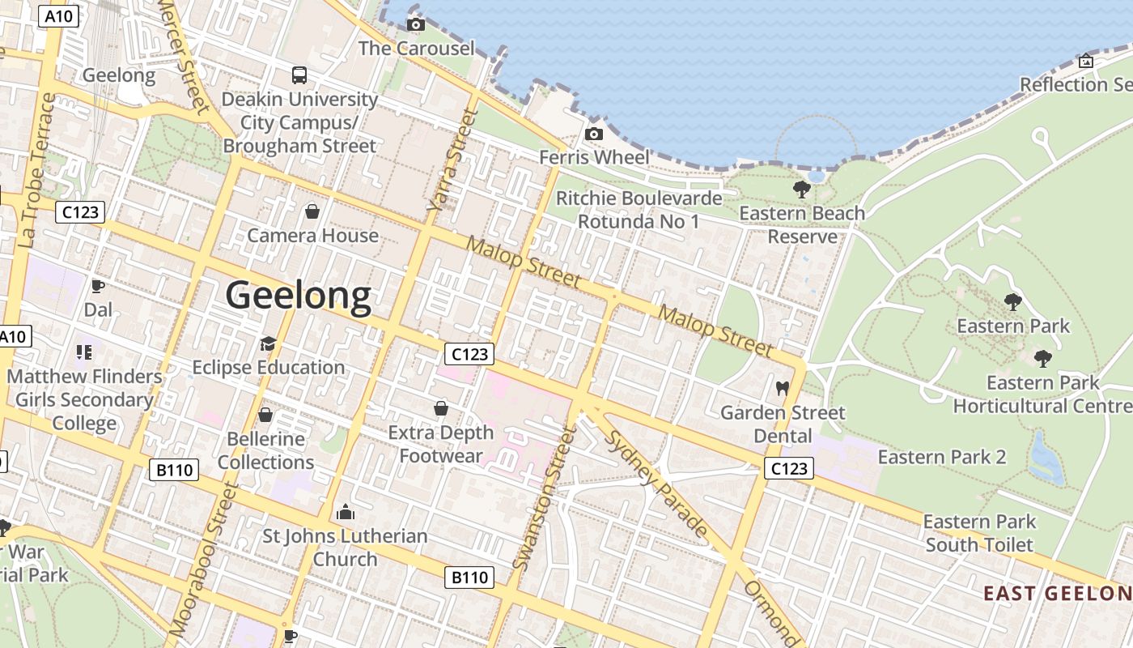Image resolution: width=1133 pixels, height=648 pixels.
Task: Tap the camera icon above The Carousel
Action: pyautogui.click(x=416, y=25)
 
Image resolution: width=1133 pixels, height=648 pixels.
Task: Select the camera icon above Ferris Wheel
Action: pyautogui.click(x=594, y=134)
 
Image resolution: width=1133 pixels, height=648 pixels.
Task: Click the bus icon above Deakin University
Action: pyautogui.click(x=299, y=75)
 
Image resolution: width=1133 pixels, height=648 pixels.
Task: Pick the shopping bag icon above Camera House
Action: pyautogui.click(x=312, y=212)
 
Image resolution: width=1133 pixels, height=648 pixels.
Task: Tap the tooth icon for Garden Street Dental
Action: pyautogui.click(x=782, y=388)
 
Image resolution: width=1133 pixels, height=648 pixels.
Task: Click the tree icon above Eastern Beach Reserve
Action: pyautogui.click(x=802, y=190)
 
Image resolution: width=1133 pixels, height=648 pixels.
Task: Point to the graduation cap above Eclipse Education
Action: pyautogui.click(x=268, y=344)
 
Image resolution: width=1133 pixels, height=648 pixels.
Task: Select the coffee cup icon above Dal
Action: pyautogui.click(x=98, y=286)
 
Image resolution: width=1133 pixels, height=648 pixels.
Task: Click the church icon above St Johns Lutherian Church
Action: pyautogui.click(x=346, y=512)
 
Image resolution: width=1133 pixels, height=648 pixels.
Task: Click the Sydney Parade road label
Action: pyautogui.click(x=656, y=483)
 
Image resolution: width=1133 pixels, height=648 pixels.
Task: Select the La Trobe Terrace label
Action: pyautogui.click(x=37, y=169)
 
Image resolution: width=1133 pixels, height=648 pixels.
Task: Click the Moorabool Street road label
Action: pyautogui.click(x=203, y=559)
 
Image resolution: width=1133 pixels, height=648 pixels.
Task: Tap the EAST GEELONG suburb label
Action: pyautogui.click(x=1057, y=593)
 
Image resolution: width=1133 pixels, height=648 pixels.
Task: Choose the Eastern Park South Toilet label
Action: pyautogui.click(x=979, y=533)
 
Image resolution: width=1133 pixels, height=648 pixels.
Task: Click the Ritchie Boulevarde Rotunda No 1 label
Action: pyautogui.click(x=639, y=209)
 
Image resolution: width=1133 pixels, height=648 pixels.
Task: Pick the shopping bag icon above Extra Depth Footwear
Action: pyautogui.click(x=441, y=408)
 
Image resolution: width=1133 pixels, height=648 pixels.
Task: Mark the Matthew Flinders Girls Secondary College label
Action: pyautogui.click(x=85, y=399)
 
